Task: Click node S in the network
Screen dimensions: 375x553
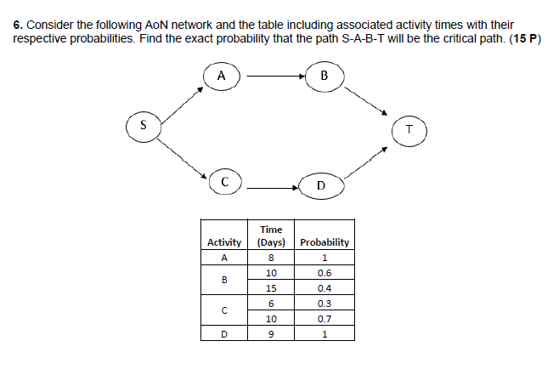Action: click(143, 125)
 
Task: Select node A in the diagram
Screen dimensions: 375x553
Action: click(223, 76)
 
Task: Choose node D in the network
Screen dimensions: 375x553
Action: click(319, 184)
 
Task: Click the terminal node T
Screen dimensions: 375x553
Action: click(409, 130)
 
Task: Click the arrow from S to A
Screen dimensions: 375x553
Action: click(182, 102)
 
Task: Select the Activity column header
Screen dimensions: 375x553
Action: click(225, 242)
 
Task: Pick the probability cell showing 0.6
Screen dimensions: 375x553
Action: click(324, 273)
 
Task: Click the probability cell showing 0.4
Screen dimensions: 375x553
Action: click(324, 288)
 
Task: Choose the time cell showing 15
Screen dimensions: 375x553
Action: click(271, 288)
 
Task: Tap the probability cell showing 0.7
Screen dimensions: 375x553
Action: click(324, 319)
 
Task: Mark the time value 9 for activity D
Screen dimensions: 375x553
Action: click(271, 334)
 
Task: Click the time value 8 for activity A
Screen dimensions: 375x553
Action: click(271, 258)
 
